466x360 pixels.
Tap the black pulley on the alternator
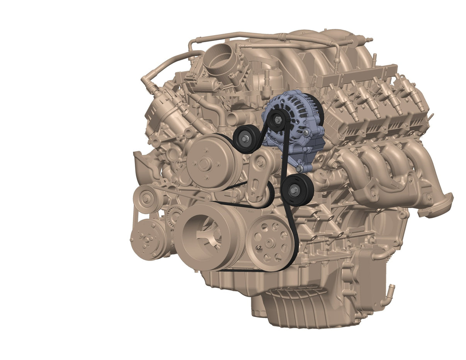[277, 119]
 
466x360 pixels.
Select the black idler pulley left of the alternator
[247, 138]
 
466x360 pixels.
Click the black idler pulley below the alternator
[297, 190]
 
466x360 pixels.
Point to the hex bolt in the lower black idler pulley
[296, 189]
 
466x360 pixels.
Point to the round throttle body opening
[219, 62]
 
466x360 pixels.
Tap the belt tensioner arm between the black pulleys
[260, 174]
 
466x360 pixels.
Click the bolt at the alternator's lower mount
[299, 168]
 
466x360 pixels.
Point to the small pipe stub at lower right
[391, 289]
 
